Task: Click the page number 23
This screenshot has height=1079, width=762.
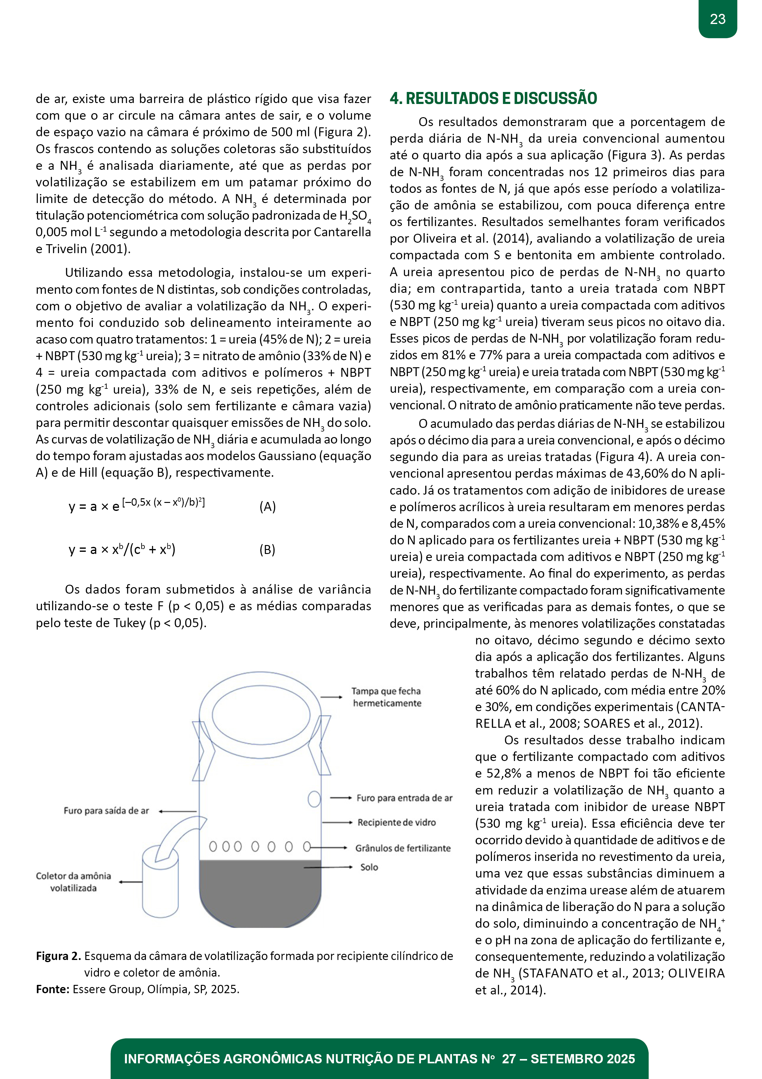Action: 717,19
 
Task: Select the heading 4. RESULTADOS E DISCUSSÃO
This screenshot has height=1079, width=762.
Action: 493,99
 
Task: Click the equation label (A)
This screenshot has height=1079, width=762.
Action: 268,507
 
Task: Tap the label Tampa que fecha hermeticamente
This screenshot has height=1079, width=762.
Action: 387,697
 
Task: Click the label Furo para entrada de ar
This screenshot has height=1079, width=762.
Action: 404,798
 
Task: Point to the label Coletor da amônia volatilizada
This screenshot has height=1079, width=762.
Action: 74,882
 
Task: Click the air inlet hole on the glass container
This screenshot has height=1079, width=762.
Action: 314,798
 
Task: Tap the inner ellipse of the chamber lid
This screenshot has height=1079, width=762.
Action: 261,715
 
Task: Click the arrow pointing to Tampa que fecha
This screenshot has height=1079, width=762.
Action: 332,697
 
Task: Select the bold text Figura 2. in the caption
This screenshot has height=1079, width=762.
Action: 59,956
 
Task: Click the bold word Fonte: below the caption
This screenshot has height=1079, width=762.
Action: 53,989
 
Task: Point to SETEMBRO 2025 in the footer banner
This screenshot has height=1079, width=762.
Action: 582,1059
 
